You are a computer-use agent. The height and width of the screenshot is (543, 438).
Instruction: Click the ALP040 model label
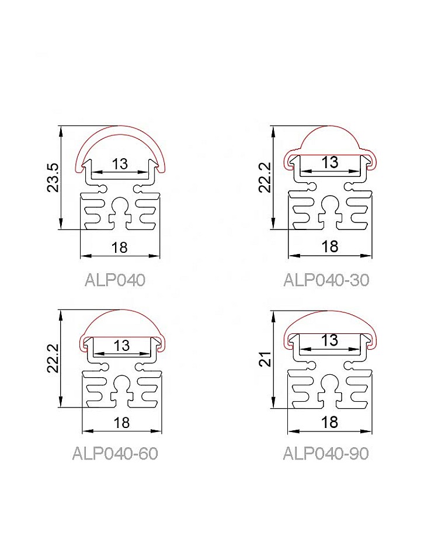click(x=115, y=280)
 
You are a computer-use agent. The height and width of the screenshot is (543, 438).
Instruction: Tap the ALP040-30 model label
click(x=326, y=280)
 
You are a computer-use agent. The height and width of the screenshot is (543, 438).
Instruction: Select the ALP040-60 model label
click(x=115, y=453)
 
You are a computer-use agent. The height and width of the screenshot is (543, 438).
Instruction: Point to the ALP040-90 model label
click(x=326, y=453)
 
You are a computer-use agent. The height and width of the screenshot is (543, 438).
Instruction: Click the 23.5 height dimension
click(x=53, y=177)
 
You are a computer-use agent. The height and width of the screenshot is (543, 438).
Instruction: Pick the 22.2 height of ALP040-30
click(x=265, y=177)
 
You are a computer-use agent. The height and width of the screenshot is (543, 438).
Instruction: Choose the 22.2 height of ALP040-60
click(x=53, y=358)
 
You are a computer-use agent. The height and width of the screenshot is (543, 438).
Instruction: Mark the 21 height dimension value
click(x=265, y=358)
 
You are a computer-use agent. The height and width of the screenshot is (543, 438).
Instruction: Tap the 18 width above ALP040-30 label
click(x=329, y=247)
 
